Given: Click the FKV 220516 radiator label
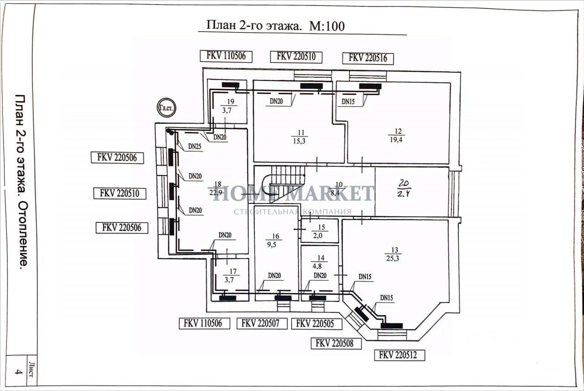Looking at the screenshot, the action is pos(368,58).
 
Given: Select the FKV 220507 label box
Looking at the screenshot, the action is pos(262,323).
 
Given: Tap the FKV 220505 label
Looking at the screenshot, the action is pos(315,323).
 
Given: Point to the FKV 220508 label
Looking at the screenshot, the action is pos(335,343).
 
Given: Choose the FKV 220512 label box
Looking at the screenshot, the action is pos(399,355).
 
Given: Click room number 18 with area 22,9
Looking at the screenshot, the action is pos(215,188).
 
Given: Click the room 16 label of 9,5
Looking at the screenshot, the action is pos(275,240).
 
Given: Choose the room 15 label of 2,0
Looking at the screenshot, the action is pos(320,232).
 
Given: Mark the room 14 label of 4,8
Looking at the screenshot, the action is pos(321,262).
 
